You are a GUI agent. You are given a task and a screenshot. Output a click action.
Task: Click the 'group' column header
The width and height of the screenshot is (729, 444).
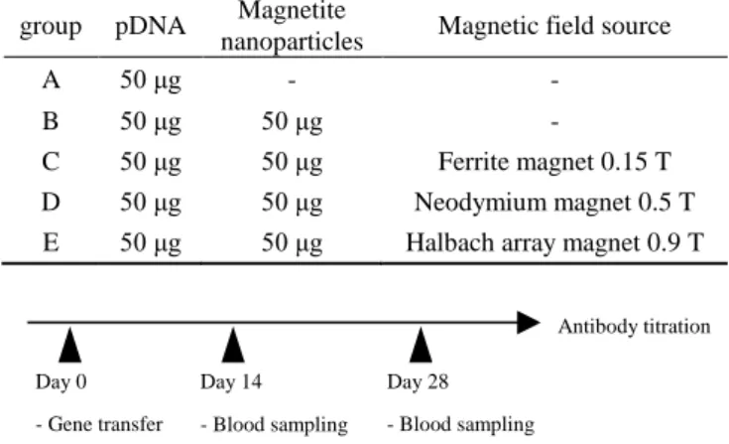51,27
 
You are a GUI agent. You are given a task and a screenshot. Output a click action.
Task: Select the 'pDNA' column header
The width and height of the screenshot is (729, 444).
150,26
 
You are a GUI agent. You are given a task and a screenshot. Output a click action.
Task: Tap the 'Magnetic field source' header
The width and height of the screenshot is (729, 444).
554,26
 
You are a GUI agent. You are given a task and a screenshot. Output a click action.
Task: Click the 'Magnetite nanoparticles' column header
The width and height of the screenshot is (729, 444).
292,26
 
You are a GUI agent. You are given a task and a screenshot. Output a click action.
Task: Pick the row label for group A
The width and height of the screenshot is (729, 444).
52,80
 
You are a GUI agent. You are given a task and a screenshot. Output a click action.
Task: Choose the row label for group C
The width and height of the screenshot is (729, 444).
51,162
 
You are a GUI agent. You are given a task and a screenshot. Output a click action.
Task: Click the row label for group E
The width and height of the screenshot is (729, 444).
51,242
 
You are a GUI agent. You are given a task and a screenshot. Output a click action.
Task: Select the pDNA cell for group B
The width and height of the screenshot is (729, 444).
150,122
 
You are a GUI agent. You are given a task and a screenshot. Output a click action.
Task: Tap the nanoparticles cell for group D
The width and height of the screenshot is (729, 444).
292,204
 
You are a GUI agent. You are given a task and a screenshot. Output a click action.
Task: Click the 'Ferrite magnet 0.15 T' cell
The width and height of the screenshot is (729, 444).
554,162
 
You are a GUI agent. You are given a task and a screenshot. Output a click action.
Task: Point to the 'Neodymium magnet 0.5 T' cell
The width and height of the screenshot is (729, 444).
554,203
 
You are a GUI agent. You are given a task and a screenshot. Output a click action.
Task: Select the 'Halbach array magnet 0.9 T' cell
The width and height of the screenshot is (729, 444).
554,242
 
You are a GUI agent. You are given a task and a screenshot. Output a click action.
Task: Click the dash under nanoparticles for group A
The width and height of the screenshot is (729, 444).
292,81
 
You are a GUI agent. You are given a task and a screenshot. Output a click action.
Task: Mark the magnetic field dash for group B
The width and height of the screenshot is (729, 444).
554,123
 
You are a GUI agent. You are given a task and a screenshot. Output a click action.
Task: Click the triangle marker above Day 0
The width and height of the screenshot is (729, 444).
69,345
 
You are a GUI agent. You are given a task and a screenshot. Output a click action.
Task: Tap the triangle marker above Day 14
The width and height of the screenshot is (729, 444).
233,345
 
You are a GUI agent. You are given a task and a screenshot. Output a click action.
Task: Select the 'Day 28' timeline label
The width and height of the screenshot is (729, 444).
418,382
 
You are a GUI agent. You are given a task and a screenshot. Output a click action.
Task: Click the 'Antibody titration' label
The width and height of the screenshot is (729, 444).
634,326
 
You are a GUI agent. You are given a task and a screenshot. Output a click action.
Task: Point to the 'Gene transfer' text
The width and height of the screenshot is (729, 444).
105,424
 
